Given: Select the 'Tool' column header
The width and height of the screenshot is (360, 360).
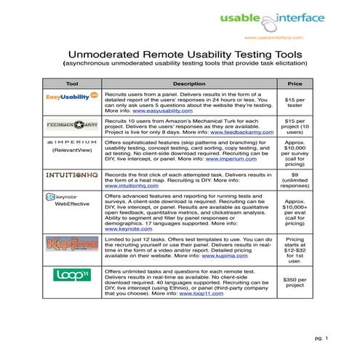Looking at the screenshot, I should [71, 84].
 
